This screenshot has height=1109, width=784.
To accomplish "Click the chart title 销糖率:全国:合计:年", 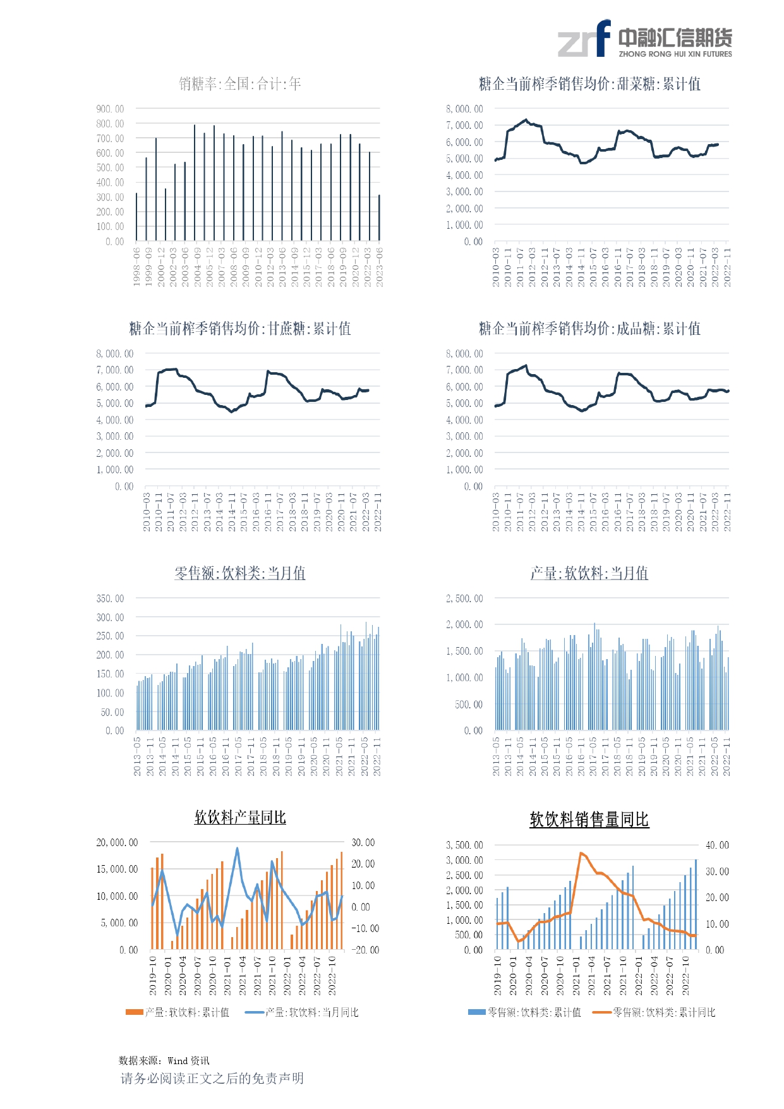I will [x=239, y=84].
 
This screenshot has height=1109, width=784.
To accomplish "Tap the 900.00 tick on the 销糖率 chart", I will [x=110, y=109].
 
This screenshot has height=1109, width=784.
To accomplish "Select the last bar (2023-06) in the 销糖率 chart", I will [x=379, y=217].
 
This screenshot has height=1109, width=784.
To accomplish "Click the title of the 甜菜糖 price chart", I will [x=589, y=84].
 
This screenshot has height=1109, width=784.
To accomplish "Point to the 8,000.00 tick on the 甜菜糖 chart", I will [x=464, y=109].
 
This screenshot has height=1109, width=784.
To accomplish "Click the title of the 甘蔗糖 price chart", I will [x=239, y=329].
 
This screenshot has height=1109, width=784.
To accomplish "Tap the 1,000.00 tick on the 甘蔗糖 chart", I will [x=115, y=470].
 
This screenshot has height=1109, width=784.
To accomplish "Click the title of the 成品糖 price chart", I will [x=589, y=329].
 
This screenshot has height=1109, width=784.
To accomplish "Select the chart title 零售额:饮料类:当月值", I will [x=239, y=573].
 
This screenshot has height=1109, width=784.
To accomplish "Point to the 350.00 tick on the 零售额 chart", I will [x=110, y=598].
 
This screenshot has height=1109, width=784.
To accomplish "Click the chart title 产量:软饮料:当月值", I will [x=589, y=573].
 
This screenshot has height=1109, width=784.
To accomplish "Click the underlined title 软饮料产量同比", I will [x=239, y=818].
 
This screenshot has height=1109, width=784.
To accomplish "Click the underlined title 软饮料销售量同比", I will [x=589, y=820].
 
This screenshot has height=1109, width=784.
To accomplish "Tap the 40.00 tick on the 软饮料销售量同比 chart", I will [x=717, y=845].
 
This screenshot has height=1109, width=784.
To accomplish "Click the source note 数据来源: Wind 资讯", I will [x=164, y=1060].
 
